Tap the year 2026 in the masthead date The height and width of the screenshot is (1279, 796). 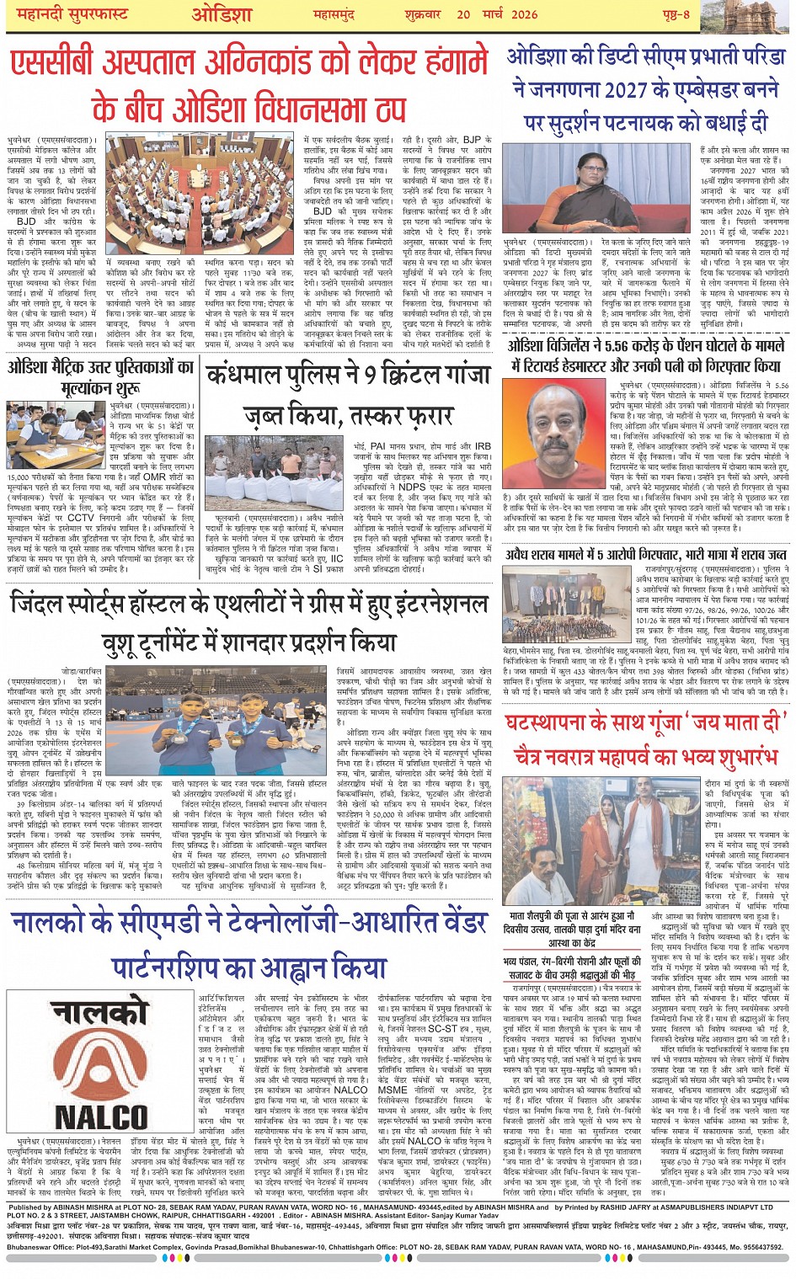[523, 14]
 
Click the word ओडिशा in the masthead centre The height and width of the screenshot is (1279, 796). [222, 14]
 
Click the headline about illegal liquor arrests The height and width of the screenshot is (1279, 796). [645, 554]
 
